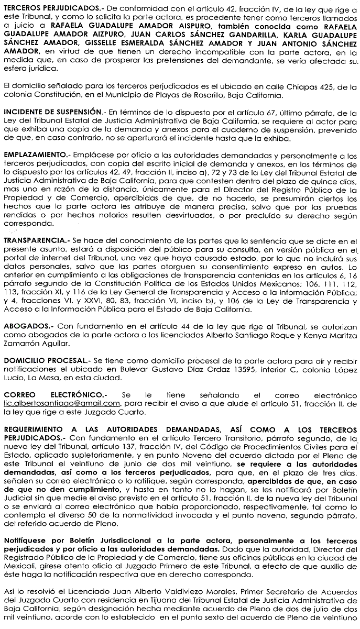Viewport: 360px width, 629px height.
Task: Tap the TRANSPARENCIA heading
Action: point(34,240)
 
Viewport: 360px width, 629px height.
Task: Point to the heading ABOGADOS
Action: point(25,326)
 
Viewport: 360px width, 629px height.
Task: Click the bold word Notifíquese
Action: point(26,539)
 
